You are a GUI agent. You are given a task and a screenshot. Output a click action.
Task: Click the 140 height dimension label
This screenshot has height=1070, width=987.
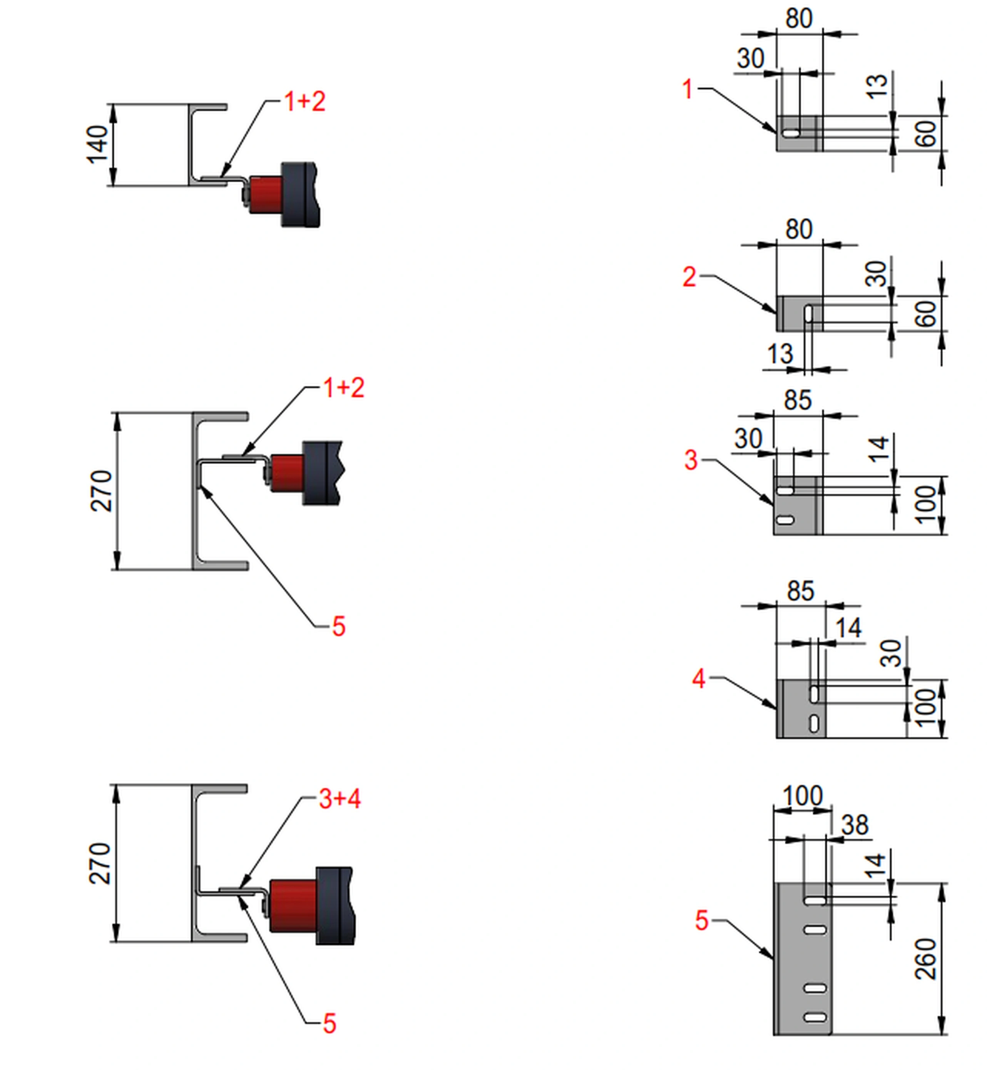97,144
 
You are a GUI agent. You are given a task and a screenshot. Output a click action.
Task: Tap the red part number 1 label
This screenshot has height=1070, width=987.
688,89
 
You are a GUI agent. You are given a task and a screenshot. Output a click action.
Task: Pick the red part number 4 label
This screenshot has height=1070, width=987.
699,679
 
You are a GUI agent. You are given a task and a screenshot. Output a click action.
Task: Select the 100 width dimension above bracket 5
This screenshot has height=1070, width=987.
803,796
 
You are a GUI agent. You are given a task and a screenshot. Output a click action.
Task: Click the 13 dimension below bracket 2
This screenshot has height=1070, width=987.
780,354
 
